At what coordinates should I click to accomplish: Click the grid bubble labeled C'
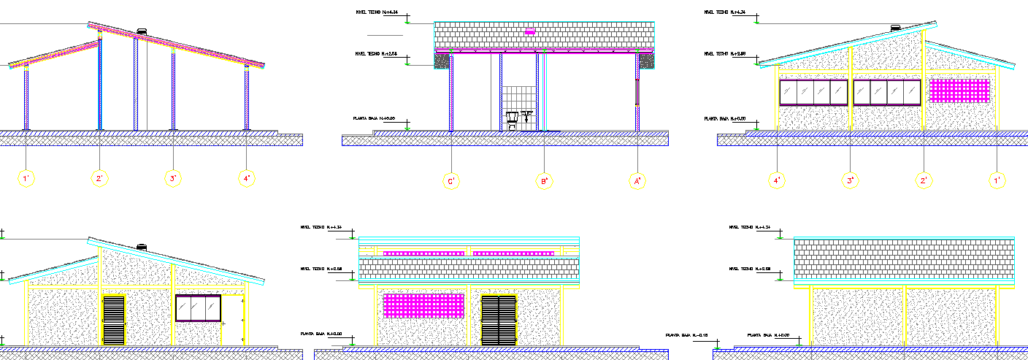(452, 180)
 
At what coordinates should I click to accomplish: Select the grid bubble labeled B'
(544, 180)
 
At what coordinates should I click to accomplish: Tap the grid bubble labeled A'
(637, 180)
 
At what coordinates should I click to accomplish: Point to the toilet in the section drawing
(513, 120)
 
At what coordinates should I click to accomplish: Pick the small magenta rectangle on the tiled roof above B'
(530, 31)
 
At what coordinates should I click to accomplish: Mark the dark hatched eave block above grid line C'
(442, 61)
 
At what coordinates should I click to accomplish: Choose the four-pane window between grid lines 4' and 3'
(813, 92)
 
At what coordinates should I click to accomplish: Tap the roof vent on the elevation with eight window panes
(895, 28)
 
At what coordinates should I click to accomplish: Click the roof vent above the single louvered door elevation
(142, 248)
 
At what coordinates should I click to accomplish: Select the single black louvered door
(114, 320)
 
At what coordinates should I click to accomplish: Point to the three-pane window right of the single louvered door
(198, 307)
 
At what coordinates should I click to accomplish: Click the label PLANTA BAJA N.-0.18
(686, 334)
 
